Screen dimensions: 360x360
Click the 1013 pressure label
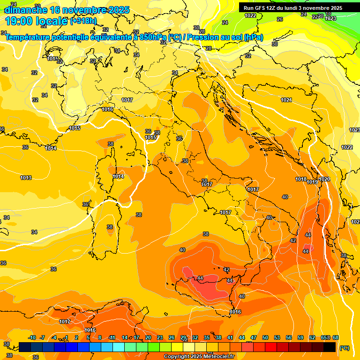pos(26,178)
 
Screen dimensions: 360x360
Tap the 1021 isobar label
pos(286,100)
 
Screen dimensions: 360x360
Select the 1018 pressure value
pos(301,179)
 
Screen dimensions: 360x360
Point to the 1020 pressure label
pos(324,179)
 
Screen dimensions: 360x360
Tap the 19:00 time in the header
pos(18,21)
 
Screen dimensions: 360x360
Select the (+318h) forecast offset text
pos(83,21)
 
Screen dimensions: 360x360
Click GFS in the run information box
pos(261,8)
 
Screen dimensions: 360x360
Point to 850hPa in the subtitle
pos(153,37)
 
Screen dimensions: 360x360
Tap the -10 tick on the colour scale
pos(32,337)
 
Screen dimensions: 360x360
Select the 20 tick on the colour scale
pos(148,337)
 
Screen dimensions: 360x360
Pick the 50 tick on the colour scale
pos(265,337)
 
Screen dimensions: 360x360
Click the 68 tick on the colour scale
pos(336,337)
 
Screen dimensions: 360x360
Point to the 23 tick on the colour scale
pos(160,337)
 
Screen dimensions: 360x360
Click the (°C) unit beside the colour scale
pos(345,348)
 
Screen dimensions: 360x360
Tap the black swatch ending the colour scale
pos(330,347)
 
